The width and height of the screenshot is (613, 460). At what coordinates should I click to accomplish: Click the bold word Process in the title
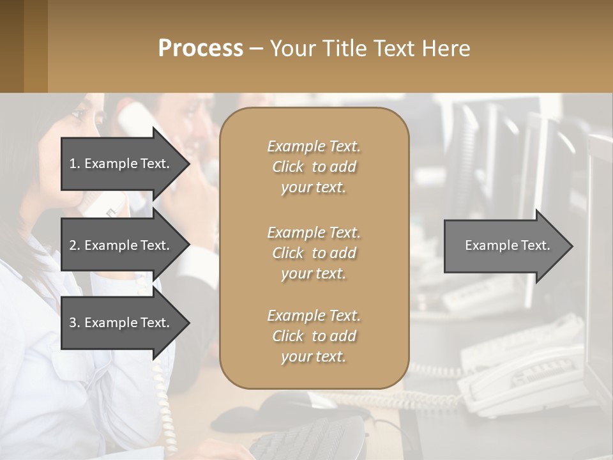(201, 49)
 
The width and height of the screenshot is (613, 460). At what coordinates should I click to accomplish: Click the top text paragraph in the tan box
(314, 167)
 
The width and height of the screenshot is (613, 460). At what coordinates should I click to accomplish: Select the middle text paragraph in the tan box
(314, 253)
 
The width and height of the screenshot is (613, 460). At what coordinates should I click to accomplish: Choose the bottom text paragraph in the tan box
(314, 336)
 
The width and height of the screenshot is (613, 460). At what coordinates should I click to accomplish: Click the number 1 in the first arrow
(73, 164)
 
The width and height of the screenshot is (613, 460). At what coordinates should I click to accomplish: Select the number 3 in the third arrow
(73, 323)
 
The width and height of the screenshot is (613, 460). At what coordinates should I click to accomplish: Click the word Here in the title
(448, 49)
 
